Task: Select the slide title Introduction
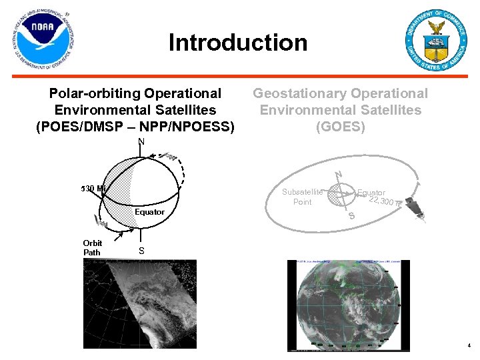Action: [238, 43]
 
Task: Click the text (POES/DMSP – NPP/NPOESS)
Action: [135, 125]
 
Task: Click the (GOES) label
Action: [340, 126]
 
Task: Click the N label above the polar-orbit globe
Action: [141, 141]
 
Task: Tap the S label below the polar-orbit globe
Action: [141, 251]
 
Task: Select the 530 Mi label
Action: [93, 189]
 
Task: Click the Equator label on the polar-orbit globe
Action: [149, 212]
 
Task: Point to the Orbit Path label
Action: [92, 248]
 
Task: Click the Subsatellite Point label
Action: [302, 197]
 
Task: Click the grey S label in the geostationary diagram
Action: [351, 217]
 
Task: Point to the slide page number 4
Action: [469, 346]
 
